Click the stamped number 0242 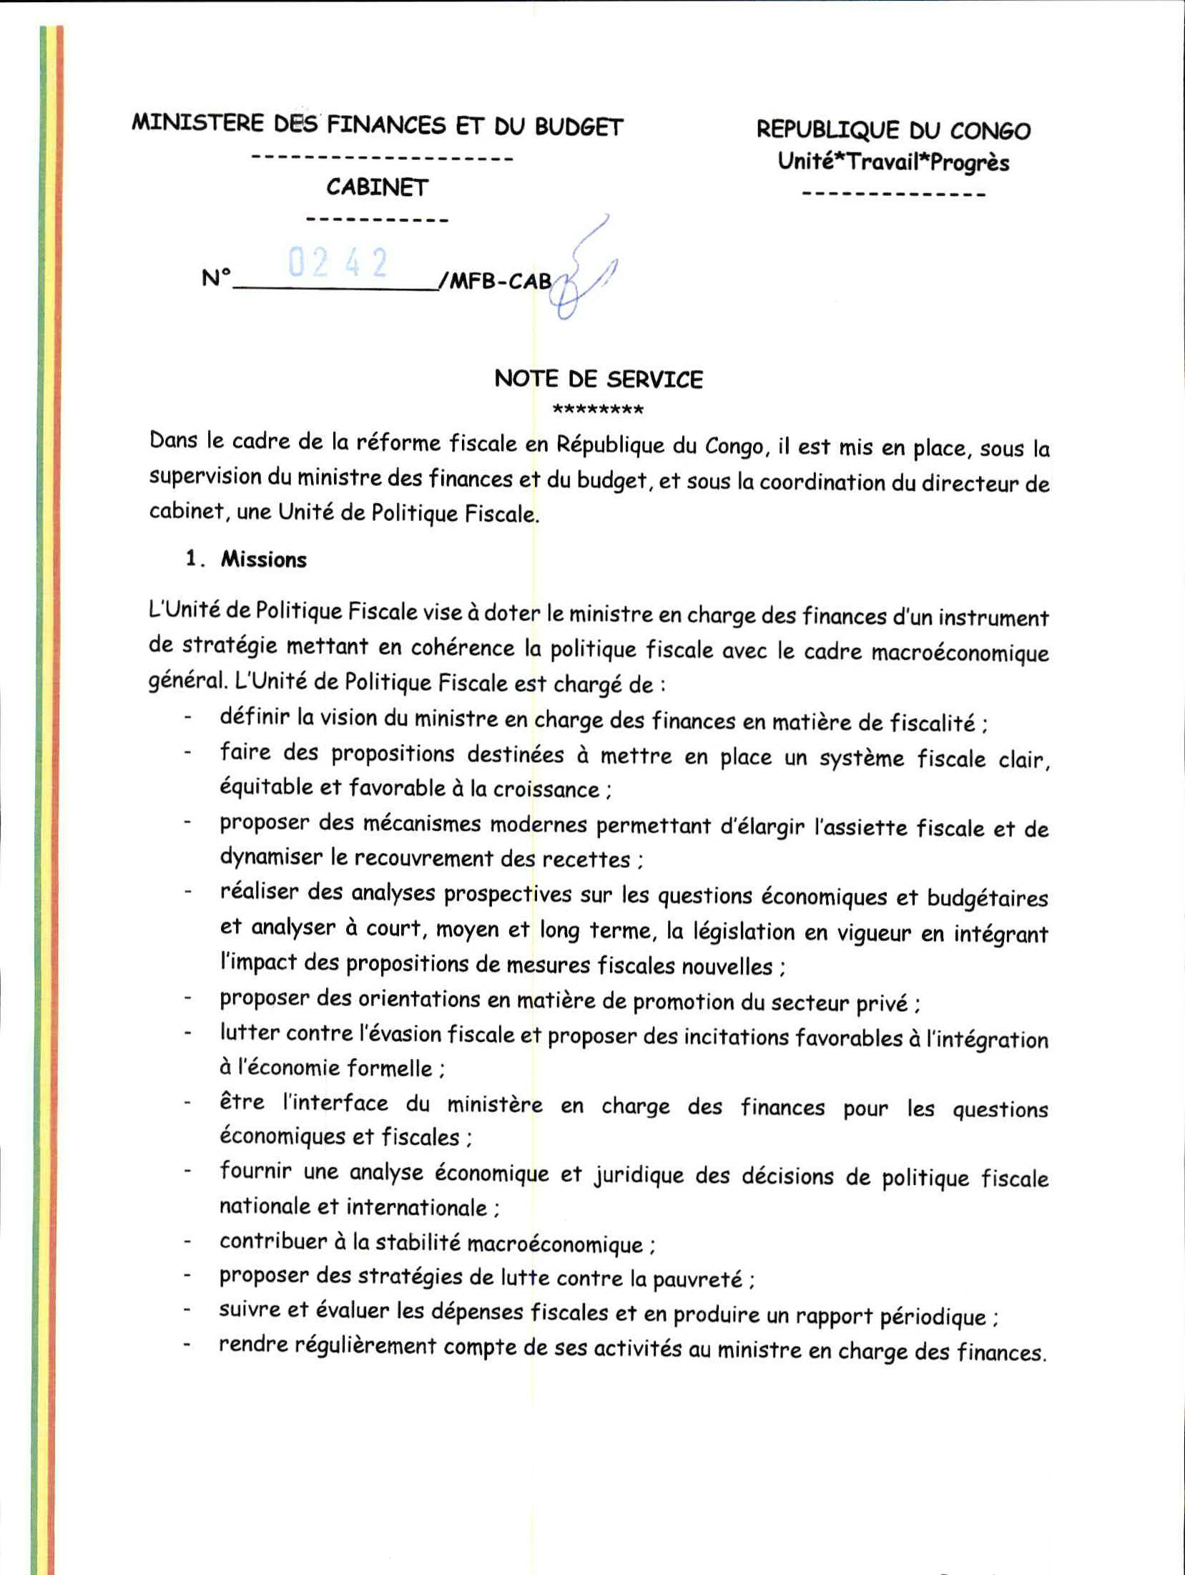point(338,263)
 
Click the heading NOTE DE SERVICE point(598,379)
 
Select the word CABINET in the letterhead point(377,187)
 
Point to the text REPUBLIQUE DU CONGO point(893,130)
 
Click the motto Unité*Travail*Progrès point(893,162)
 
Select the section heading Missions point(263,560)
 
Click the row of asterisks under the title point(598,410)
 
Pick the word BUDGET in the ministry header point(579,127)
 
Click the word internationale point(417,1208)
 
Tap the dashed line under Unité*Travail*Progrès point(894,194)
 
